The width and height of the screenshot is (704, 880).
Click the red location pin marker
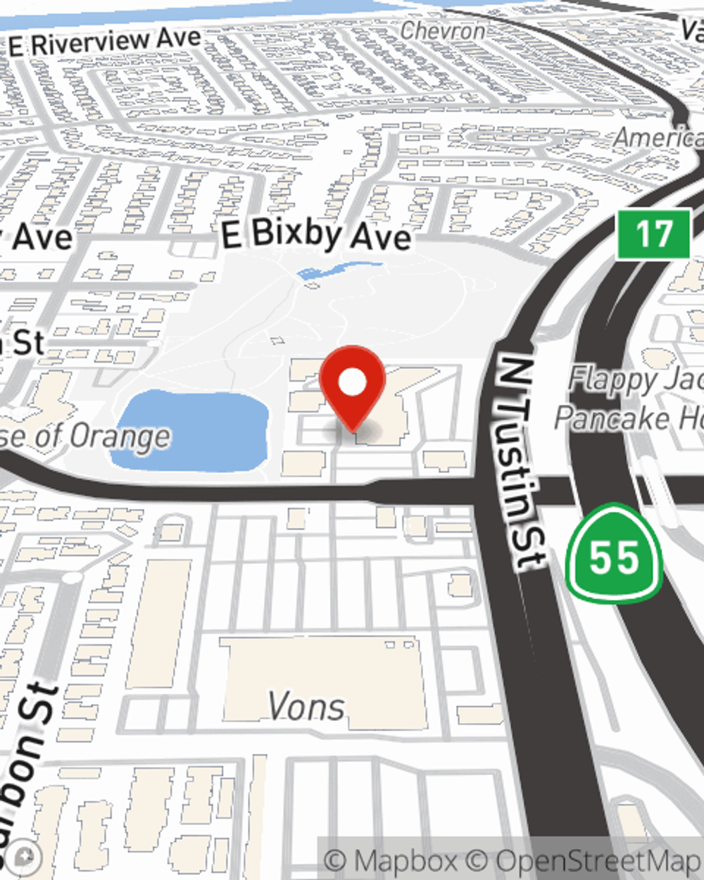[x=352, y=387]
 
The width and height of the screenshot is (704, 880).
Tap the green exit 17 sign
[x=653, y=234]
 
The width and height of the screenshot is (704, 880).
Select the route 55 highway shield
[x=614, y=555]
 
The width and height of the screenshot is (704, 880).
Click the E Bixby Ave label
[x=316, y=234]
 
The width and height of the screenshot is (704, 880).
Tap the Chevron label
[x=443, y=31]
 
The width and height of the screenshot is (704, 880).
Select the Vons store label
[x=307, y=706]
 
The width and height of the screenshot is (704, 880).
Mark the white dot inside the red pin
[x=352, y=383]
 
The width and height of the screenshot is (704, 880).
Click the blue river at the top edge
[x=211, y=11]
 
